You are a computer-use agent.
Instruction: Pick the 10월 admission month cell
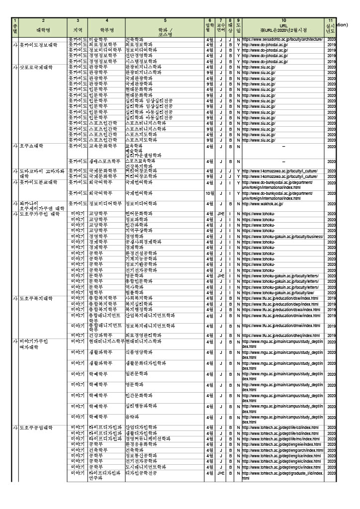pos(209,193)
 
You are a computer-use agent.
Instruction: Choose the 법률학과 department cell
pos(134,293)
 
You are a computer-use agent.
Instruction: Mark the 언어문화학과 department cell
pos(139,214)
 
